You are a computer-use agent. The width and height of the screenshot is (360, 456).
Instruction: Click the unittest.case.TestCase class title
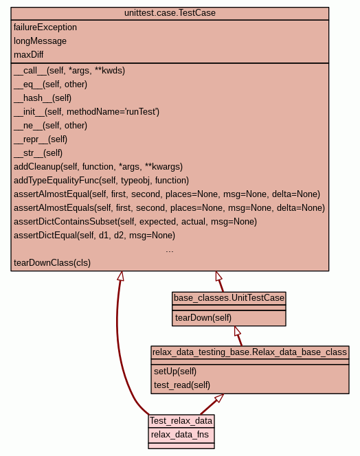click(x=170, y=13)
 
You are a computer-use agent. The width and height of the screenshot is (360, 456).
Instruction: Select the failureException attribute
click(x=45, y=27)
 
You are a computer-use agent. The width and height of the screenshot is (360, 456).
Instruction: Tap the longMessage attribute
click(x=40, y=41)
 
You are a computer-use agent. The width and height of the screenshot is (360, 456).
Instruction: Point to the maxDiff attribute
click(x=29, y=55)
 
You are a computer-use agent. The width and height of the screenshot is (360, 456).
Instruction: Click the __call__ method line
click(x=69, y=71)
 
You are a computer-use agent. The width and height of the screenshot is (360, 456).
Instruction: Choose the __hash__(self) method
click(x=43, y=98)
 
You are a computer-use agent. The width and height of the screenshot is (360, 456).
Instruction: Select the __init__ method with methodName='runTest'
click(x=87, y=112)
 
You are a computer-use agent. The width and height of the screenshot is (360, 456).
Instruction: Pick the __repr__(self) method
click(x=41, y=139)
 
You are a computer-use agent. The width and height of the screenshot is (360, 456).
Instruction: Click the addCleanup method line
click(x=98, y=167)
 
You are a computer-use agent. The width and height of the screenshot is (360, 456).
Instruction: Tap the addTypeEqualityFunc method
click(x=101, y=181)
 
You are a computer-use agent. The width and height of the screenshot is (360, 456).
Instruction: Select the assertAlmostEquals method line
click(x=169, y=208)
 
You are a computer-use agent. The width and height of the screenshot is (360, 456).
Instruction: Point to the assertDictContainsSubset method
click(x=135, y=222)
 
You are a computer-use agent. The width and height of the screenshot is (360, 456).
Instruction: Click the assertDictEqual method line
click(x=94, y=236)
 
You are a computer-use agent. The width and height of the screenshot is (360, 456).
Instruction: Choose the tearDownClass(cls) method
click(x=52, y=263)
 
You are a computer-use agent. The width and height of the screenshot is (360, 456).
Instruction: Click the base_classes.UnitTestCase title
click(x=229, y=298)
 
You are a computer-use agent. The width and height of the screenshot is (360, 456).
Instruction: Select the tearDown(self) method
click(x=203, y=317)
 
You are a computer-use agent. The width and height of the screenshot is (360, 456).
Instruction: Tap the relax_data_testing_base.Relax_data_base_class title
click(x=249, y=352)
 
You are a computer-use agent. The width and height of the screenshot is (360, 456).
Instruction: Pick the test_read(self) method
click(x=182, y=385)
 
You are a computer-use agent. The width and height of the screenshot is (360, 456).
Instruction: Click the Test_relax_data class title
click(x=181, y=421)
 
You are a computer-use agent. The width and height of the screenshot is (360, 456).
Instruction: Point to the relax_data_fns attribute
click(x=180, y=435)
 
